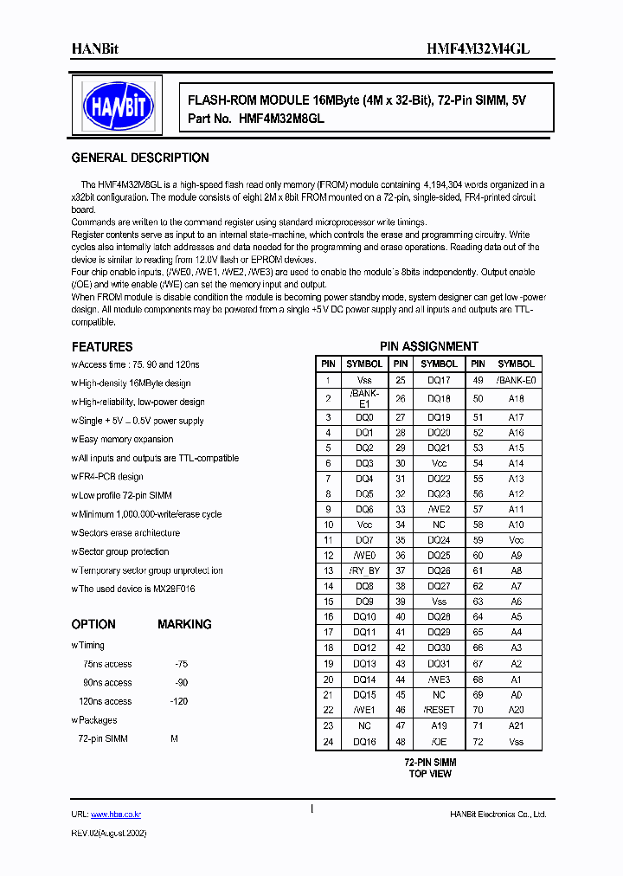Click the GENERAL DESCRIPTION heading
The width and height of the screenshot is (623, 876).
coord(140,158)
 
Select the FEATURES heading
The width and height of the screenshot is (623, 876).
coord(102,346)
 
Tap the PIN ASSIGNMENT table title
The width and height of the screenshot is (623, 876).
coord(429,346)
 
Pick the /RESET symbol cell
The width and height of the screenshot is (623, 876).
coord(439,710)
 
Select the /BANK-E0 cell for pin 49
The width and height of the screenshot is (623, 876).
coord(516,379)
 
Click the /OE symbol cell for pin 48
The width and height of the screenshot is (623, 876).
coord(439,742)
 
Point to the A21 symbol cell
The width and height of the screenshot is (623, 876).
coord(516,725)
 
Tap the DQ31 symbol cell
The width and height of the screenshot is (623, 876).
coord(439,664)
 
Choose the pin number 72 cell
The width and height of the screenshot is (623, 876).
coord(478,742)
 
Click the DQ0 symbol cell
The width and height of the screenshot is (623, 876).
coord(364,417)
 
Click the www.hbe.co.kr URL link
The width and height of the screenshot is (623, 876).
coord(116,815)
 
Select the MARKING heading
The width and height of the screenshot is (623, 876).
coord(184,624)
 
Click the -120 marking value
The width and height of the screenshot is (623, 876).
coord(178,701)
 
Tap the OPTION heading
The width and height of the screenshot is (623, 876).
coord(93,624)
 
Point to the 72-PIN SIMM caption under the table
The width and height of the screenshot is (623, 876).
coord(430,762)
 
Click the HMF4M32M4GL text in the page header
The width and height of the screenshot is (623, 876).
coord(478,49)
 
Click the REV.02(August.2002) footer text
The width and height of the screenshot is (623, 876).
coord(109,833)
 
